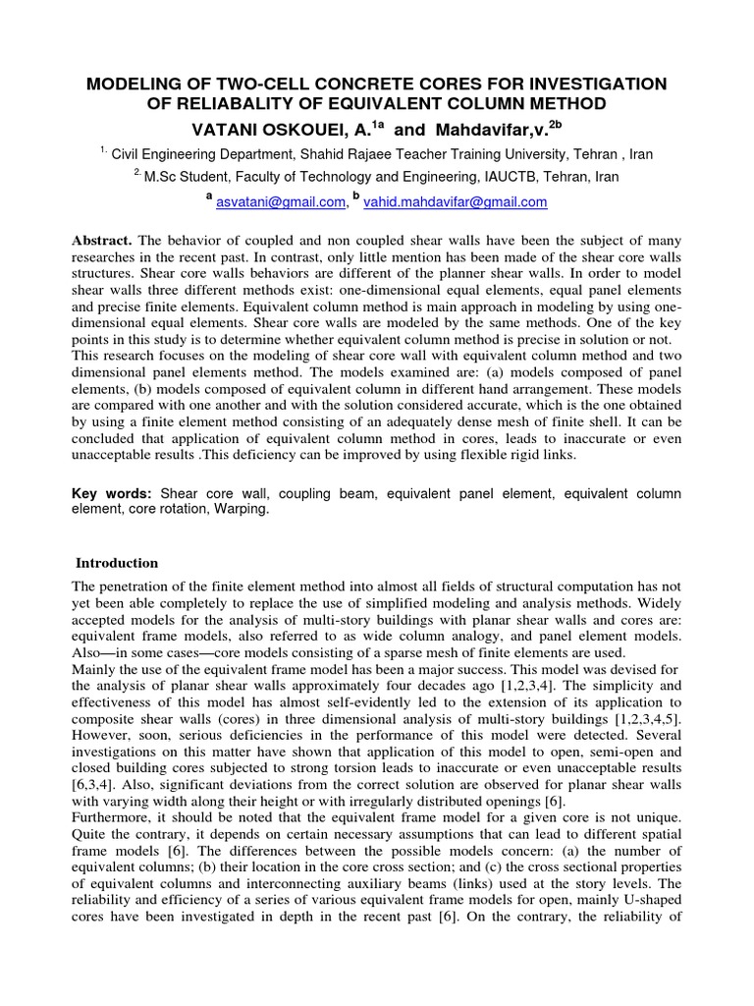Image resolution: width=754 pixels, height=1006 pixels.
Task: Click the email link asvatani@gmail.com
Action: [280, 201]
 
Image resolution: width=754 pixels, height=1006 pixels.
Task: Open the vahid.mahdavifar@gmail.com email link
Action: [456, 201]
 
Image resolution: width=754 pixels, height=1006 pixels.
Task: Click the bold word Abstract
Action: [103, 241]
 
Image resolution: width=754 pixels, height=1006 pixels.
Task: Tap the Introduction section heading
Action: [117, 563]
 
